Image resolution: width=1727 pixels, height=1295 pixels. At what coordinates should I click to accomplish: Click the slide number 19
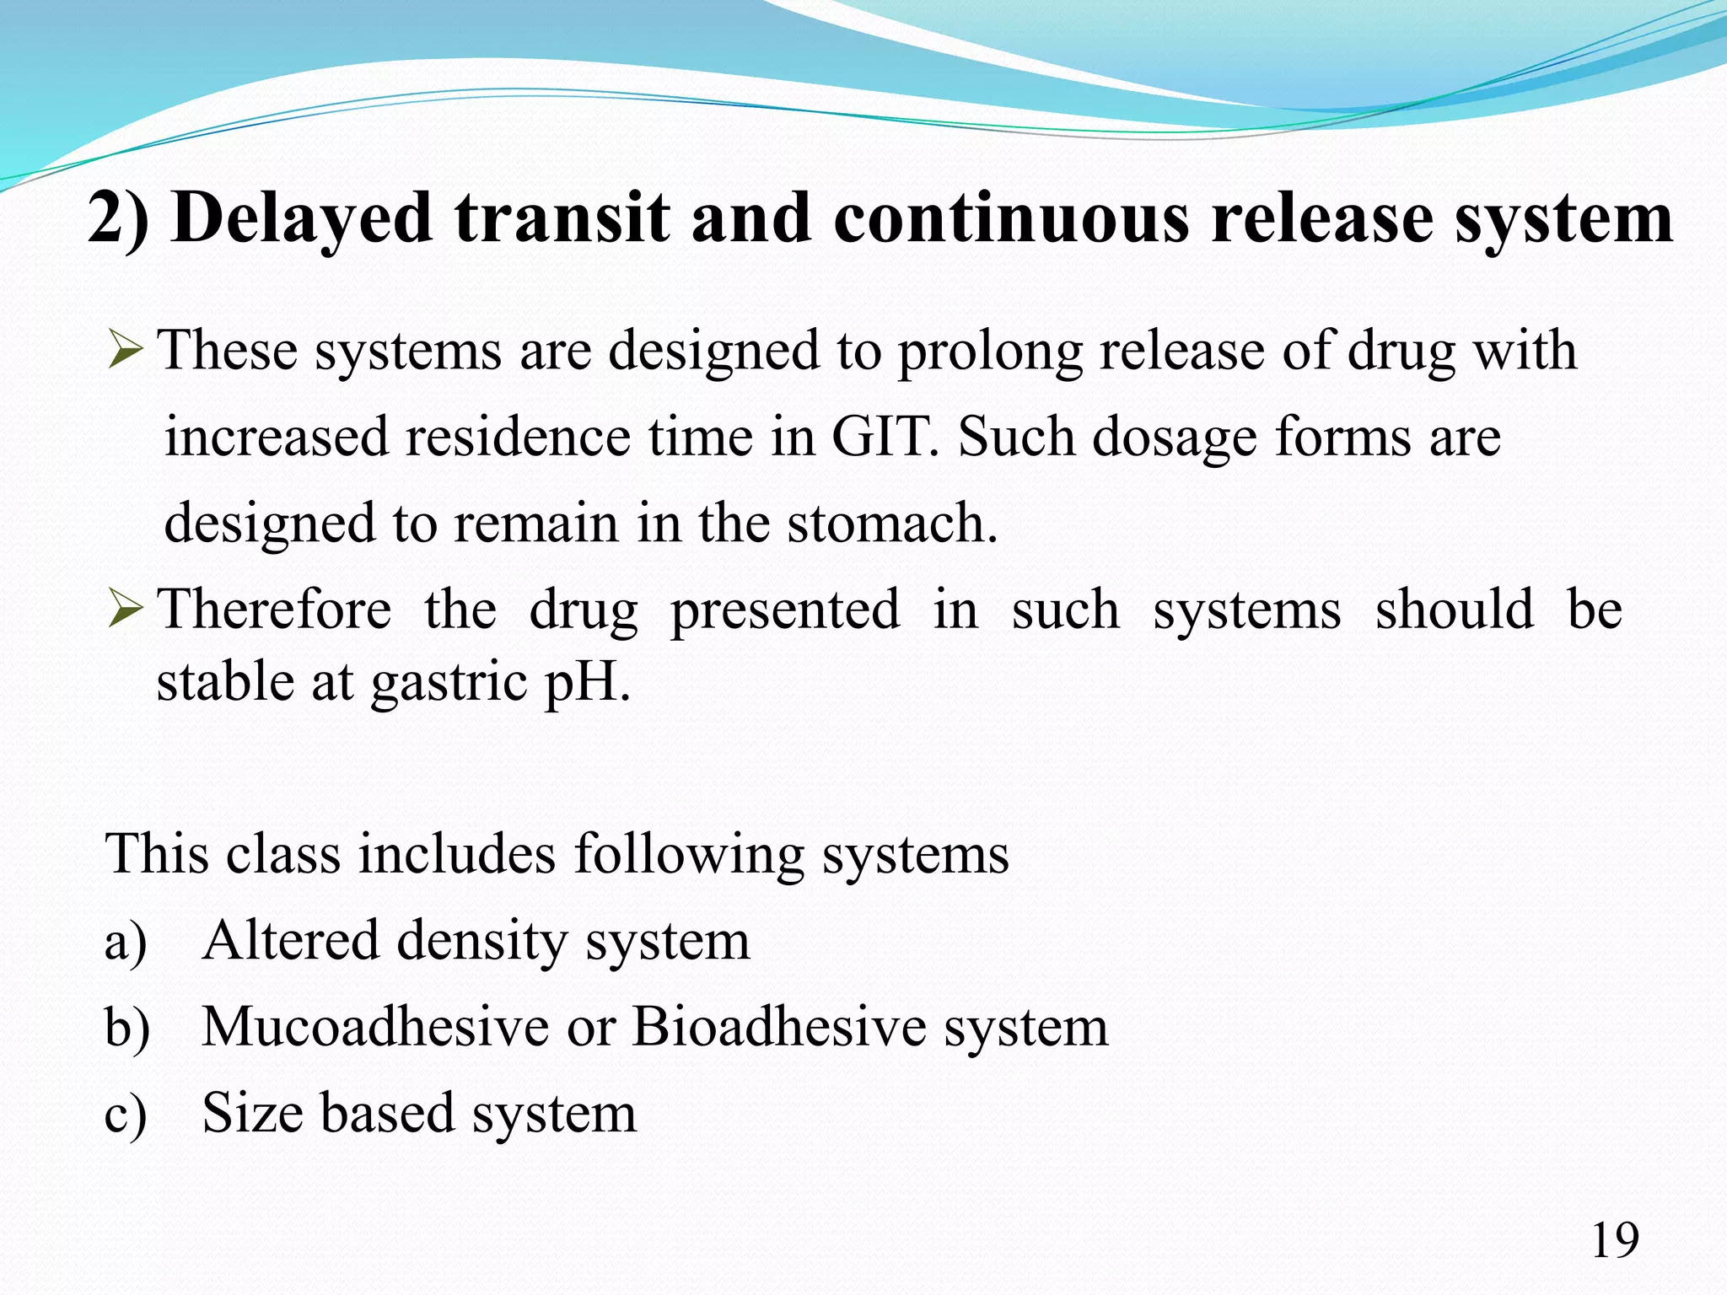1614,1241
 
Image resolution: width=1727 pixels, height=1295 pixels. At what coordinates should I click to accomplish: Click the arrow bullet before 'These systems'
126,350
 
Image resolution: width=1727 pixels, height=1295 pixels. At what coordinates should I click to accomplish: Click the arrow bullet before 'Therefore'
126,609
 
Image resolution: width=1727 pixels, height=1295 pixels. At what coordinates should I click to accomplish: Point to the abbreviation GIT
885,437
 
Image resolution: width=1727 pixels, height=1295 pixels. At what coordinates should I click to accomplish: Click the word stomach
892,523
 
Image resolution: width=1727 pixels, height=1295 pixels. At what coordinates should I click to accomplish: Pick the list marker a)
126,942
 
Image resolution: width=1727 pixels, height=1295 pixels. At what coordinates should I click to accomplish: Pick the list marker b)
127,1028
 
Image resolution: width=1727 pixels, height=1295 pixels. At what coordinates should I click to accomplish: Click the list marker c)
126,1114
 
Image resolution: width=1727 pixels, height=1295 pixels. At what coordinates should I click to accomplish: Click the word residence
518,437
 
